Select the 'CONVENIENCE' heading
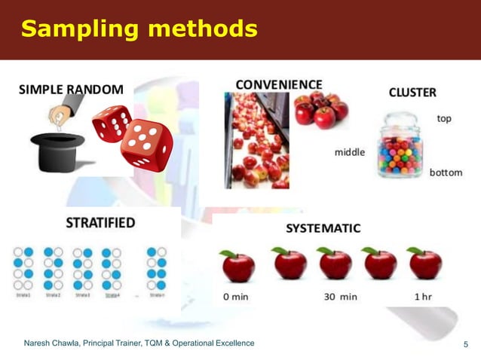tap(279, 84)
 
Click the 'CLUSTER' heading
tap(412, 93)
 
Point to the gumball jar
tap(400, 146)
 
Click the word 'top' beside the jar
tap(444, 119)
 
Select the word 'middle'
tap(349, 152)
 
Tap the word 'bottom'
tap(446, 172)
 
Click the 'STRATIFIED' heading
tap(100, 223)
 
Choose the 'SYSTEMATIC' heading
tap(323, 228)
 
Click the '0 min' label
tap(236, 296)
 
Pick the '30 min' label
tap(340, 296)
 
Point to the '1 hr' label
tap(422, 296)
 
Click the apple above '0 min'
tap(237, 266)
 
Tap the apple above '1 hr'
tap(424, 263)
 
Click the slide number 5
tap(465, 345)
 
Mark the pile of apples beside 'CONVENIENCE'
tap(320, 110)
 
